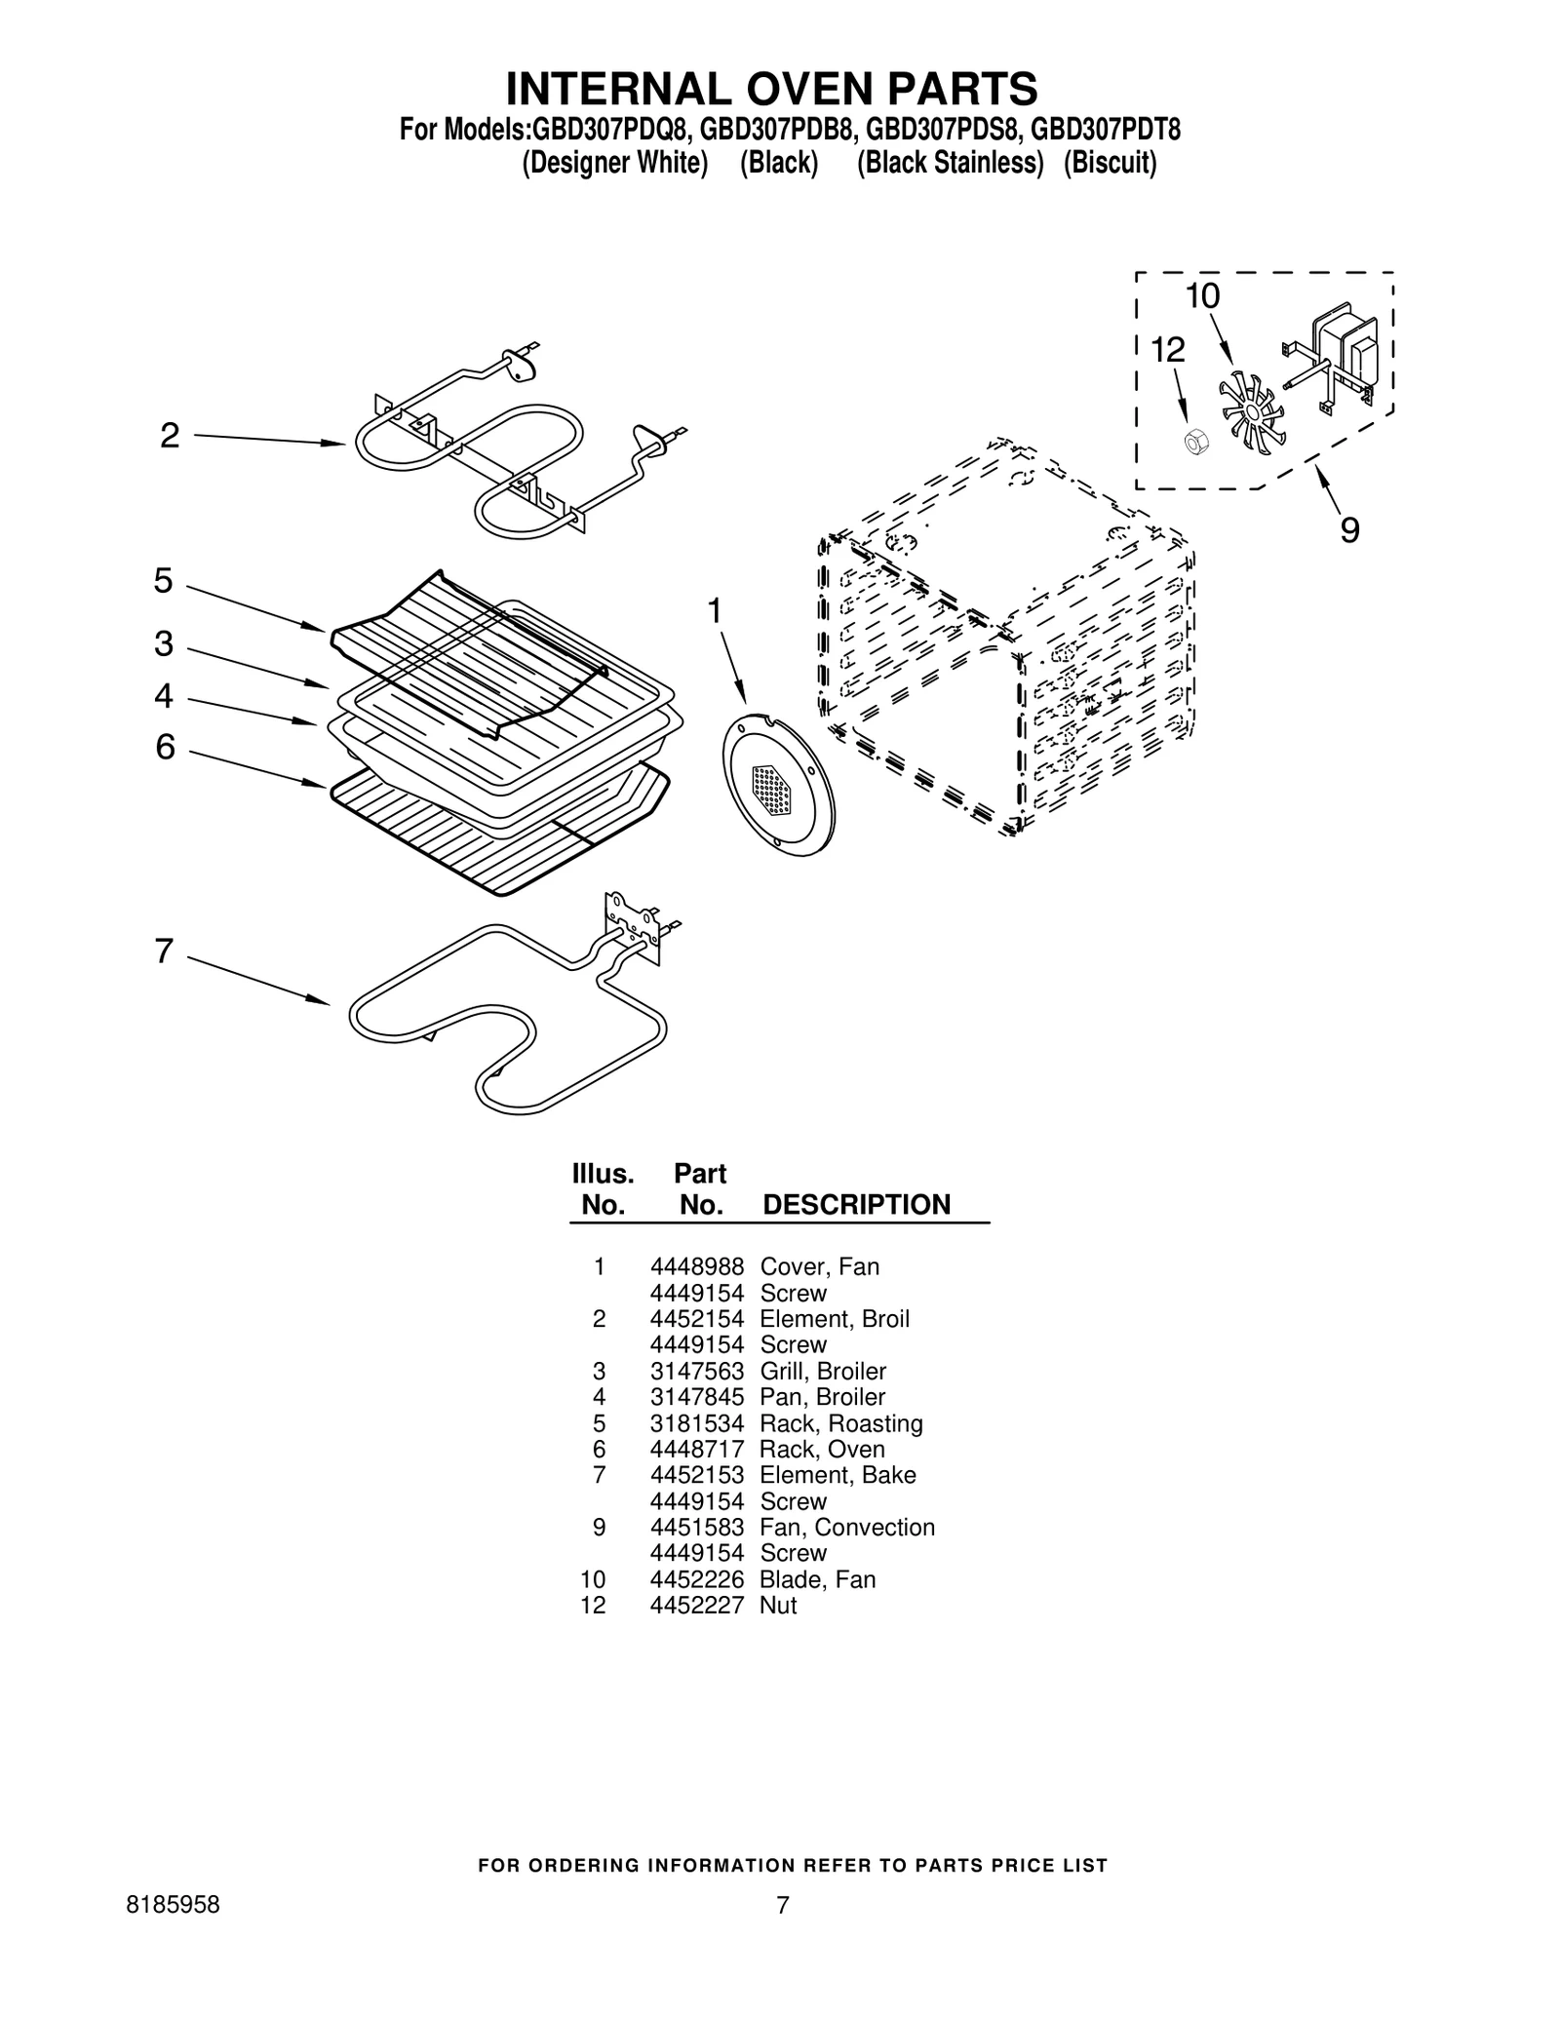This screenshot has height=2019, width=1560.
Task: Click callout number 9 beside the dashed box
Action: tap(1349, 530)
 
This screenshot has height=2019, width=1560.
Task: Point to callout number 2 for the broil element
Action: tap(170, 436)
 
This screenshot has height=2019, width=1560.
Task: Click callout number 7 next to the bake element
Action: tap(164, 951)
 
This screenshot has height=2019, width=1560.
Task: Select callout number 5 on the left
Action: tap(163, 581)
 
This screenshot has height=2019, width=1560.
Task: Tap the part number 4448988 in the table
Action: tap(696, 1266)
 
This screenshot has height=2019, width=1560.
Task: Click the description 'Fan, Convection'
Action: tap(846, 1527)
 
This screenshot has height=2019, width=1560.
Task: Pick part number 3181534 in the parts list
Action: tap(696, 1423)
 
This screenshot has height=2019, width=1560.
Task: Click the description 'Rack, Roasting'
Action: tap(840, 1423)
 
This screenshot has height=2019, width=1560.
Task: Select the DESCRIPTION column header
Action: tap(855, 1205)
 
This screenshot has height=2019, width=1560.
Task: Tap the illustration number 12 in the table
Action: tap(593, 1605)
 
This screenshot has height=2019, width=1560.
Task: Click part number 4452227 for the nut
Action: tap(696, 1605)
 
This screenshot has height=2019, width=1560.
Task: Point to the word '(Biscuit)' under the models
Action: tap(1110, 163)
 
